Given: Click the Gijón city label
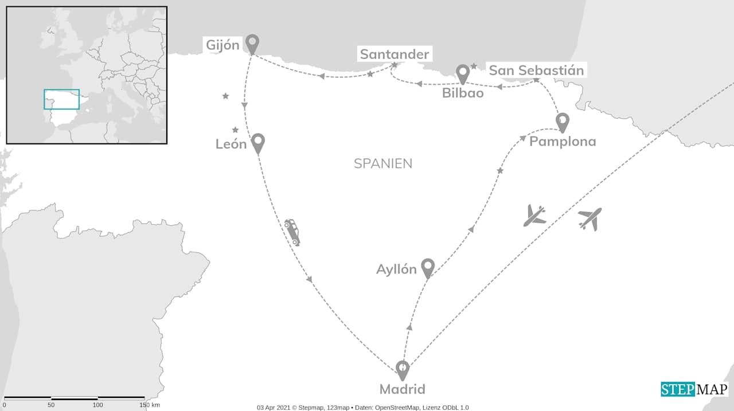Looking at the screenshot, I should tap(223, 45).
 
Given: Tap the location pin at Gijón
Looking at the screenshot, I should tap(252, 43).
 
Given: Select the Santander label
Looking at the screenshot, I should tap(394, 54).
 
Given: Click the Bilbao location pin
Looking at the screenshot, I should tap(463, 73).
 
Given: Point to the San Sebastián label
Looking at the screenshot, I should tap(536, 71).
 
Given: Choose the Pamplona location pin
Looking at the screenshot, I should tap(563, 122).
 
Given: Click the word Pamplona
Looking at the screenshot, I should tap(562, 141).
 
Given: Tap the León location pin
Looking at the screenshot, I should tap(258, 142).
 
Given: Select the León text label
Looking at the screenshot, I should tap(231, 144).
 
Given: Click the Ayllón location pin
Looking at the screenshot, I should tap(427, 267).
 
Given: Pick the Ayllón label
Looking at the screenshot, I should tap(396, 269).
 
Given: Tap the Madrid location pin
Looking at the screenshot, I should tap(403, 369).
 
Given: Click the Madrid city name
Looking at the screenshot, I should tap(403, 389).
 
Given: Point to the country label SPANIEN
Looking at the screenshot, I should tap(382, 163).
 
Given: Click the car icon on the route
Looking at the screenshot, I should tap(292, 232).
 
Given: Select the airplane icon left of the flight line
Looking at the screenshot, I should tap(534, 216).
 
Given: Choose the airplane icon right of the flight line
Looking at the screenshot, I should tap(590, 219).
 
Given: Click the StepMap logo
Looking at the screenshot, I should tap(694, 389).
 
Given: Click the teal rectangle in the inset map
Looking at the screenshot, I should tap(61, 99).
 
